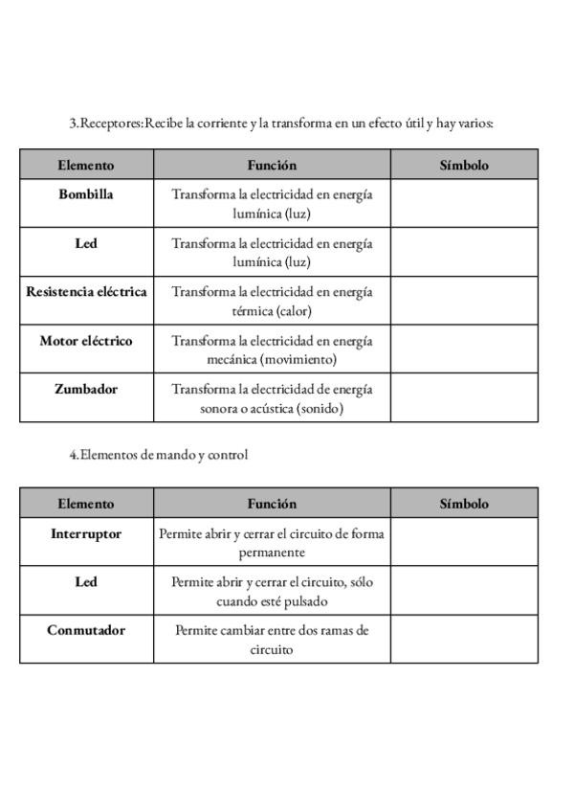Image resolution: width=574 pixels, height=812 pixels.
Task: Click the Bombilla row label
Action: pos(86,194)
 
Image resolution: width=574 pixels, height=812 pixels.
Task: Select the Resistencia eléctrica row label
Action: pos(86,292)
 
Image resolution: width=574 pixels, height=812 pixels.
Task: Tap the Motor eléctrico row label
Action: pos(86,341)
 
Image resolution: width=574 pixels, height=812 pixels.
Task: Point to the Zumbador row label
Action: pos(86,390)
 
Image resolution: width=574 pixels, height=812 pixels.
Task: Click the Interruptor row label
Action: pos(86,534)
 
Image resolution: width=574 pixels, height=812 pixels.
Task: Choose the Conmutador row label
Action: pos(86,631)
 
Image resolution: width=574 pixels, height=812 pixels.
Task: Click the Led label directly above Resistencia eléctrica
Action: pos(86,243)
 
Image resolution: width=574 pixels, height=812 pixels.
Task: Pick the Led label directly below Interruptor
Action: pos(86,582)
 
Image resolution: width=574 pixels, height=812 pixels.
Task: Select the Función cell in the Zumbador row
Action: pos(272,398)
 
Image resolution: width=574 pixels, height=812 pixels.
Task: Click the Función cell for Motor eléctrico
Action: pos(272,350)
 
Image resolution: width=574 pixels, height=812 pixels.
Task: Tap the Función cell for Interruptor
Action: pos(272,543)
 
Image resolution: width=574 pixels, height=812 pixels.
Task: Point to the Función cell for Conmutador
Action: pos(272,640)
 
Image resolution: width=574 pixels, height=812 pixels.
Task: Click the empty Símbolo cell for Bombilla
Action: pos(464,203)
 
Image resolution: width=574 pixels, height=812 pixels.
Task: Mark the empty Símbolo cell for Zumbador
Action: pos(464,398)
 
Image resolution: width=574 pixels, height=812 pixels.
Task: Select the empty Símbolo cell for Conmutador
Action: pos(464,640)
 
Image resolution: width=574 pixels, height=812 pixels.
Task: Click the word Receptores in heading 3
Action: pos(110,124)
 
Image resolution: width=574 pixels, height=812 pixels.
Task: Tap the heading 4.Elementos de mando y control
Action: pos(158,455)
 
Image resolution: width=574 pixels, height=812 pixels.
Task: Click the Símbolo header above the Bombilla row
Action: pos(464,166)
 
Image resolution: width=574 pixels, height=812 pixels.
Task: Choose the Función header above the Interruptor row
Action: pos(272,504)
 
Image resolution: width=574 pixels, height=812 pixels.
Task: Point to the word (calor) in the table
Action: pos(294,311)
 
